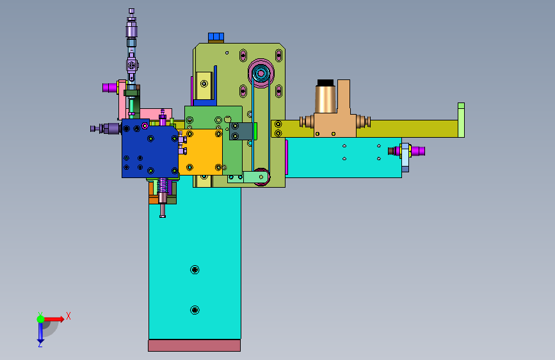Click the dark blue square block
[150, 148]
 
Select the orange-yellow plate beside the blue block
[200, 152]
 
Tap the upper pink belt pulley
[261, 74]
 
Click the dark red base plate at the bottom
[195, 345]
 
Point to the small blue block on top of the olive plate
[216, 37]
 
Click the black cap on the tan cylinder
[325, 83]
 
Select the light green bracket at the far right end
[461, 120]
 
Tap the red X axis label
[68, 316]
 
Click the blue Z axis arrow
[40, 333]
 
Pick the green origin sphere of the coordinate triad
[41, 319]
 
